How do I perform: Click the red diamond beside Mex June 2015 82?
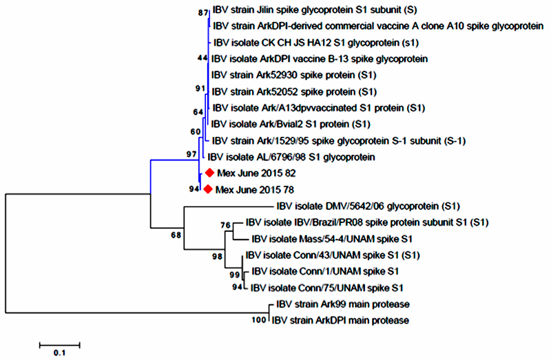tap(210, 173)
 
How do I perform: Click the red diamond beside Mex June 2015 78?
tap(208, 189)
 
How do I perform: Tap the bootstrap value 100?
tap(259, 320)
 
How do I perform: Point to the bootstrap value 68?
tap(176, 235)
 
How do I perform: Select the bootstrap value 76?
tap(226, 225)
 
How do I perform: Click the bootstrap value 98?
tap(217, 257)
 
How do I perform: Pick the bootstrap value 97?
tap(191, 154)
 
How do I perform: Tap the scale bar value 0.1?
tap(59, 352)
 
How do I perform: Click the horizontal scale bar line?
tap(60, 346)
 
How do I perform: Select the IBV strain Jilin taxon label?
tap(315, 10)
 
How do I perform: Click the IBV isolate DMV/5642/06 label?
tap(368, 207)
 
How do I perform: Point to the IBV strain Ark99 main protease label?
tap(343, 304)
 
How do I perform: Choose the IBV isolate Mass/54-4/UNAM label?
tap(332, 239)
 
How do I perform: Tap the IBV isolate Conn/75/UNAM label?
tap(326, 288)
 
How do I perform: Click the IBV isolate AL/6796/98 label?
tap(291, 157)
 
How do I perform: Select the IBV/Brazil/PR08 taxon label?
tap(367, 222)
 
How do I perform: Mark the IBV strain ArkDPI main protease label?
tap(340, 320)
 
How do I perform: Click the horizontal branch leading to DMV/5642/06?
tap(228, 207)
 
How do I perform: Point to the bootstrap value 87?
tap(203, 13)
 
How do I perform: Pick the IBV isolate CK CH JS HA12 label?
tap(316, 43)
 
